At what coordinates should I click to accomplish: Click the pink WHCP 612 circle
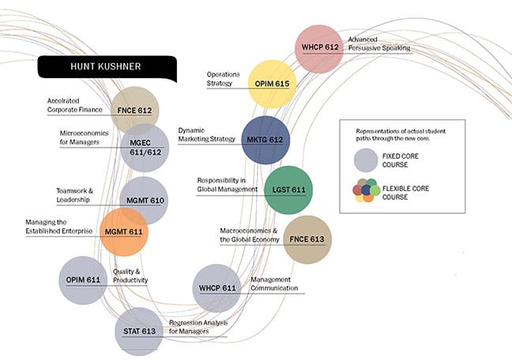(x=318, y=48)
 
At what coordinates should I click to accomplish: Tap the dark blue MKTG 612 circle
(x=265, y=140)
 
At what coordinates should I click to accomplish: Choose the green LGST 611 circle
(x=288, y=189)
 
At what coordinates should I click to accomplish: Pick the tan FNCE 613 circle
(x=307, y=238)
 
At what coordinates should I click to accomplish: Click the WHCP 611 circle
(x=217, y=288)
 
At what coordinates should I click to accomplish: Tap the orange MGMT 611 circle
(x=125, y=231)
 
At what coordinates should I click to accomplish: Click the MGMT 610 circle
(x=144, y=201)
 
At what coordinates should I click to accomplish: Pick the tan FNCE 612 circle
(x=135, y=111)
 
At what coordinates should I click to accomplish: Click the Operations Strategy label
(x=223, y=79)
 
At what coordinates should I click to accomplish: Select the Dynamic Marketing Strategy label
(x=207, y=134)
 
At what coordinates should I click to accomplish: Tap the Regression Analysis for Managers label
(x=196, y=327)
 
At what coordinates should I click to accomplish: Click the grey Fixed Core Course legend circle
(x=365, y=160)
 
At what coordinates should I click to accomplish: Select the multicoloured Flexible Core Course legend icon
(x=363, y=191)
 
